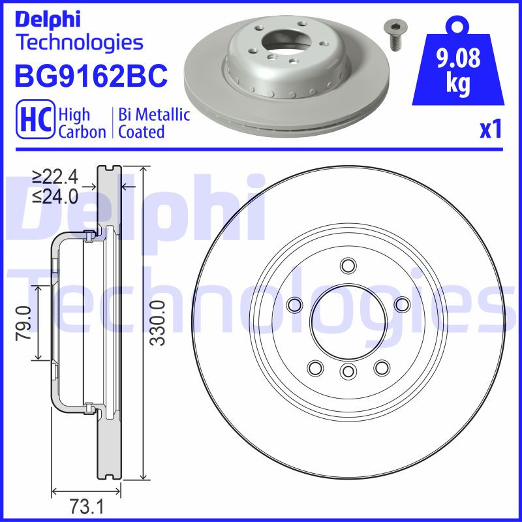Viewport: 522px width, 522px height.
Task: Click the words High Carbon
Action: (82, 123)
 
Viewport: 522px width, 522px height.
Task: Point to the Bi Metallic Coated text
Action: (154, 123)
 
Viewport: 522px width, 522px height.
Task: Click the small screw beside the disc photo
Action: (393, 33)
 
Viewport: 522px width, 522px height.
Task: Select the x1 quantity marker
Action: (491, 130)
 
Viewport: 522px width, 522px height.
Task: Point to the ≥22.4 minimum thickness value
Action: (55, 177)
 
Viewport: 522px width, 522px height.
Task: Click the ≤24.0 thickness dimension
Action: (55, 196)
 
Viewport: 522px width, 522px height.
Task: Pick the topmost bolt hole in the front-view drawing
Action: (348, 266)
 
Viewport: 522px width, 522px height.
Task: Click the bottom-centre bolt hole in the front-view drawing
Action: (348, 371)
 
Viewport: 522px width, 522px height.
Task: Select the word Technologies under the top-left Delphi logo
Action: (79, 43)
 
